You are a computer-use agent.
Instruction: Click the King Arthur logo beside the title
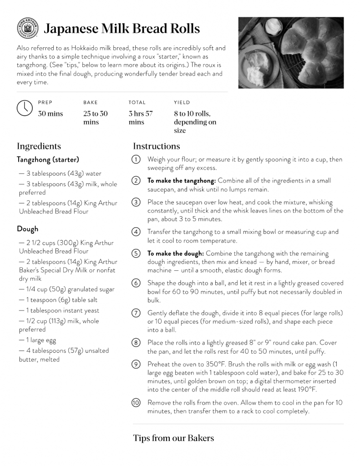click(27, 28)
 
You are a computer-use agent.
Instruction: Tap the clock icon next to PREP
click(25, 107)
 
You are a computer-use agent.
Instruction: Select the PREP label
click(45, 103)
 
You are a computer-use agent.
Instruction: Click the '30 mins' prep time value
click(50, 114)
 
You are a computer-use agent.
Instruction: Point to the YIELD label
click(182, 103)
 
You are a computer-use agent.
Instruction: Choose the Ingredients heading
click(39, 146)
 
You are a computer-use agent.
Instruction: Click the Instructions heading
click(156, 146)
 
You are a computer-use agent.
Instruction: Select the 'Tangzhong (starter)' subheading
click(48, 160)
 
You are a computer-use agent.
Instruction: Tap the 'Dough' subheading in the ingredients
click(28, 229)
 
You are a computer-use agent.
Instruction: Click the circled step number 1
click(136, 160)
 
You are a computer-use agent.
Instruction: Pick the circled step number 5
click(136, 253)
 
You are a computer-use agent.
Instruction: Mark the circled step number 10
click(136, 403)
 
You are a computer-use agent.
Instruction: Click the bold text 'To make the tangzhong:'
click(181, 181)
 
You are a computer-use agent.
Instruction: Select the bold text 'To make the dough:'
click(175, 253)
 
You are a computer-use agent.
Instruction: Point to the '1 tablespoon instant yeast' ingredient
click(59, 310)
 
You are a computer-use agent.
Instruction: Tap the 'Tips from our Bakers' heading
click(173, 438)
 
